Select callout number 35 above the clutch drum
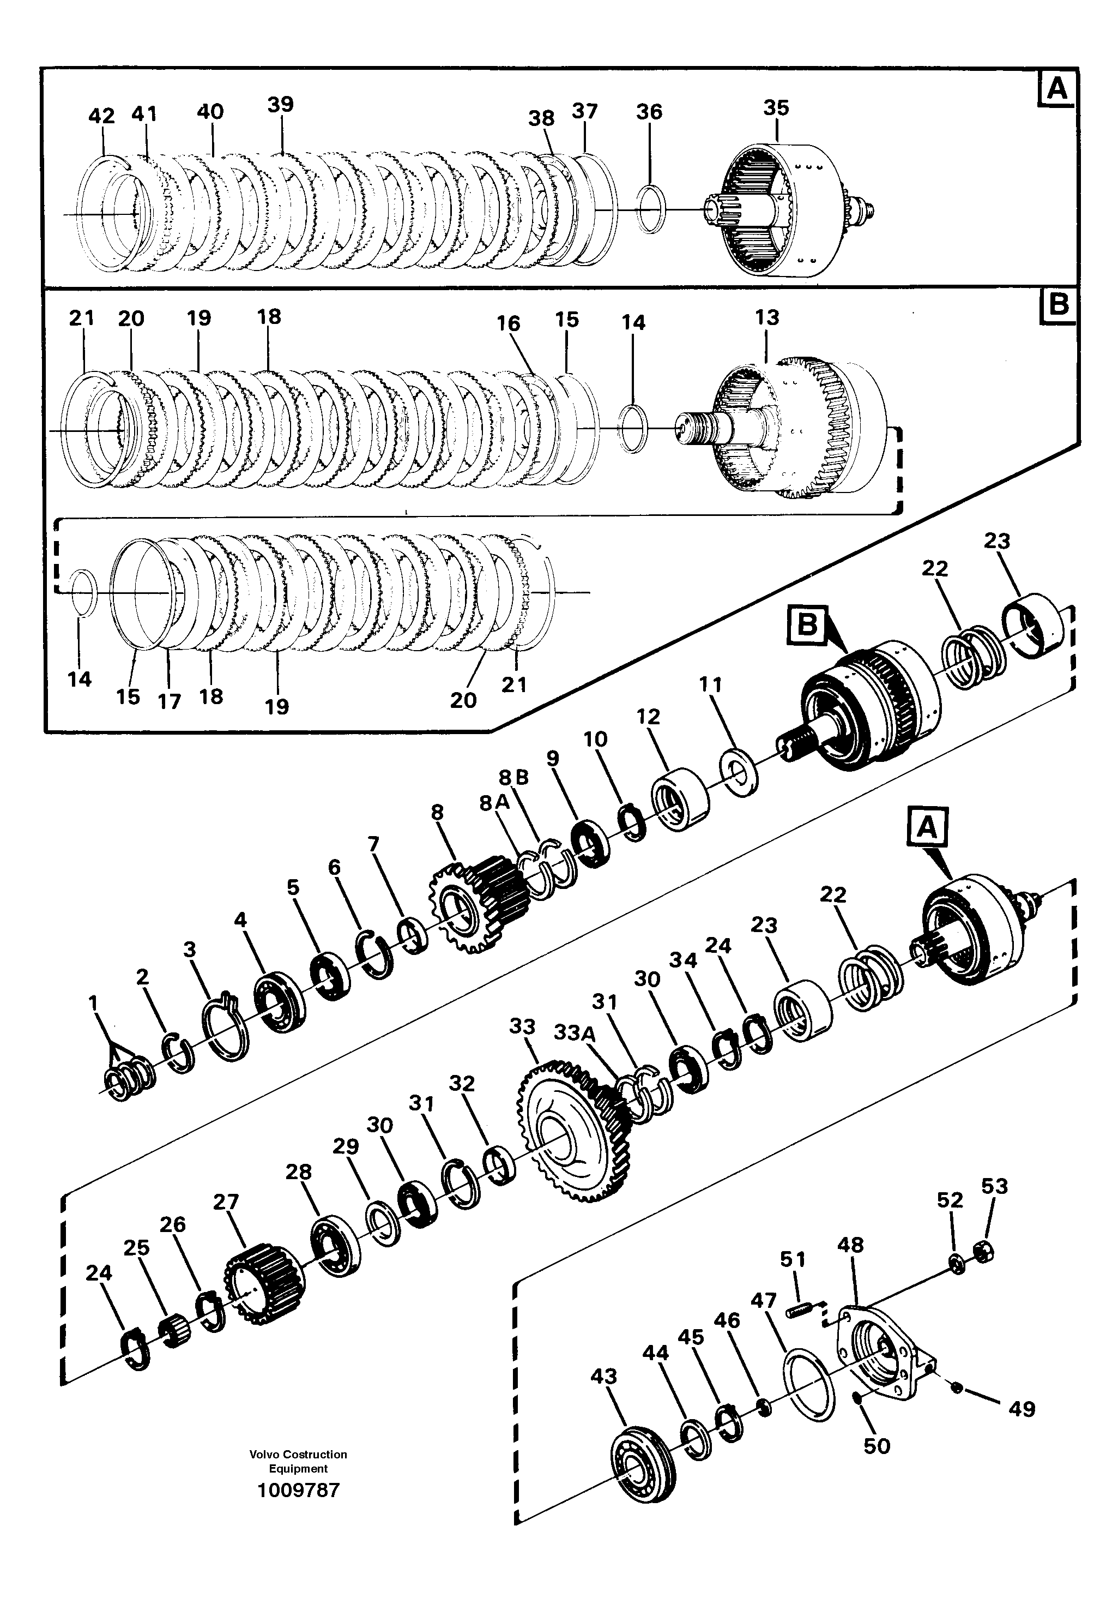coord(776,108)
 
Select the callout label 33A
coord(575,1033)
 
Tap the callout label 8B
coord(513,777)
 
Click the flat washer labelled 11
coord(739,772)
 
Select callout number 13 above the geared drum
coord(766,317)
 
